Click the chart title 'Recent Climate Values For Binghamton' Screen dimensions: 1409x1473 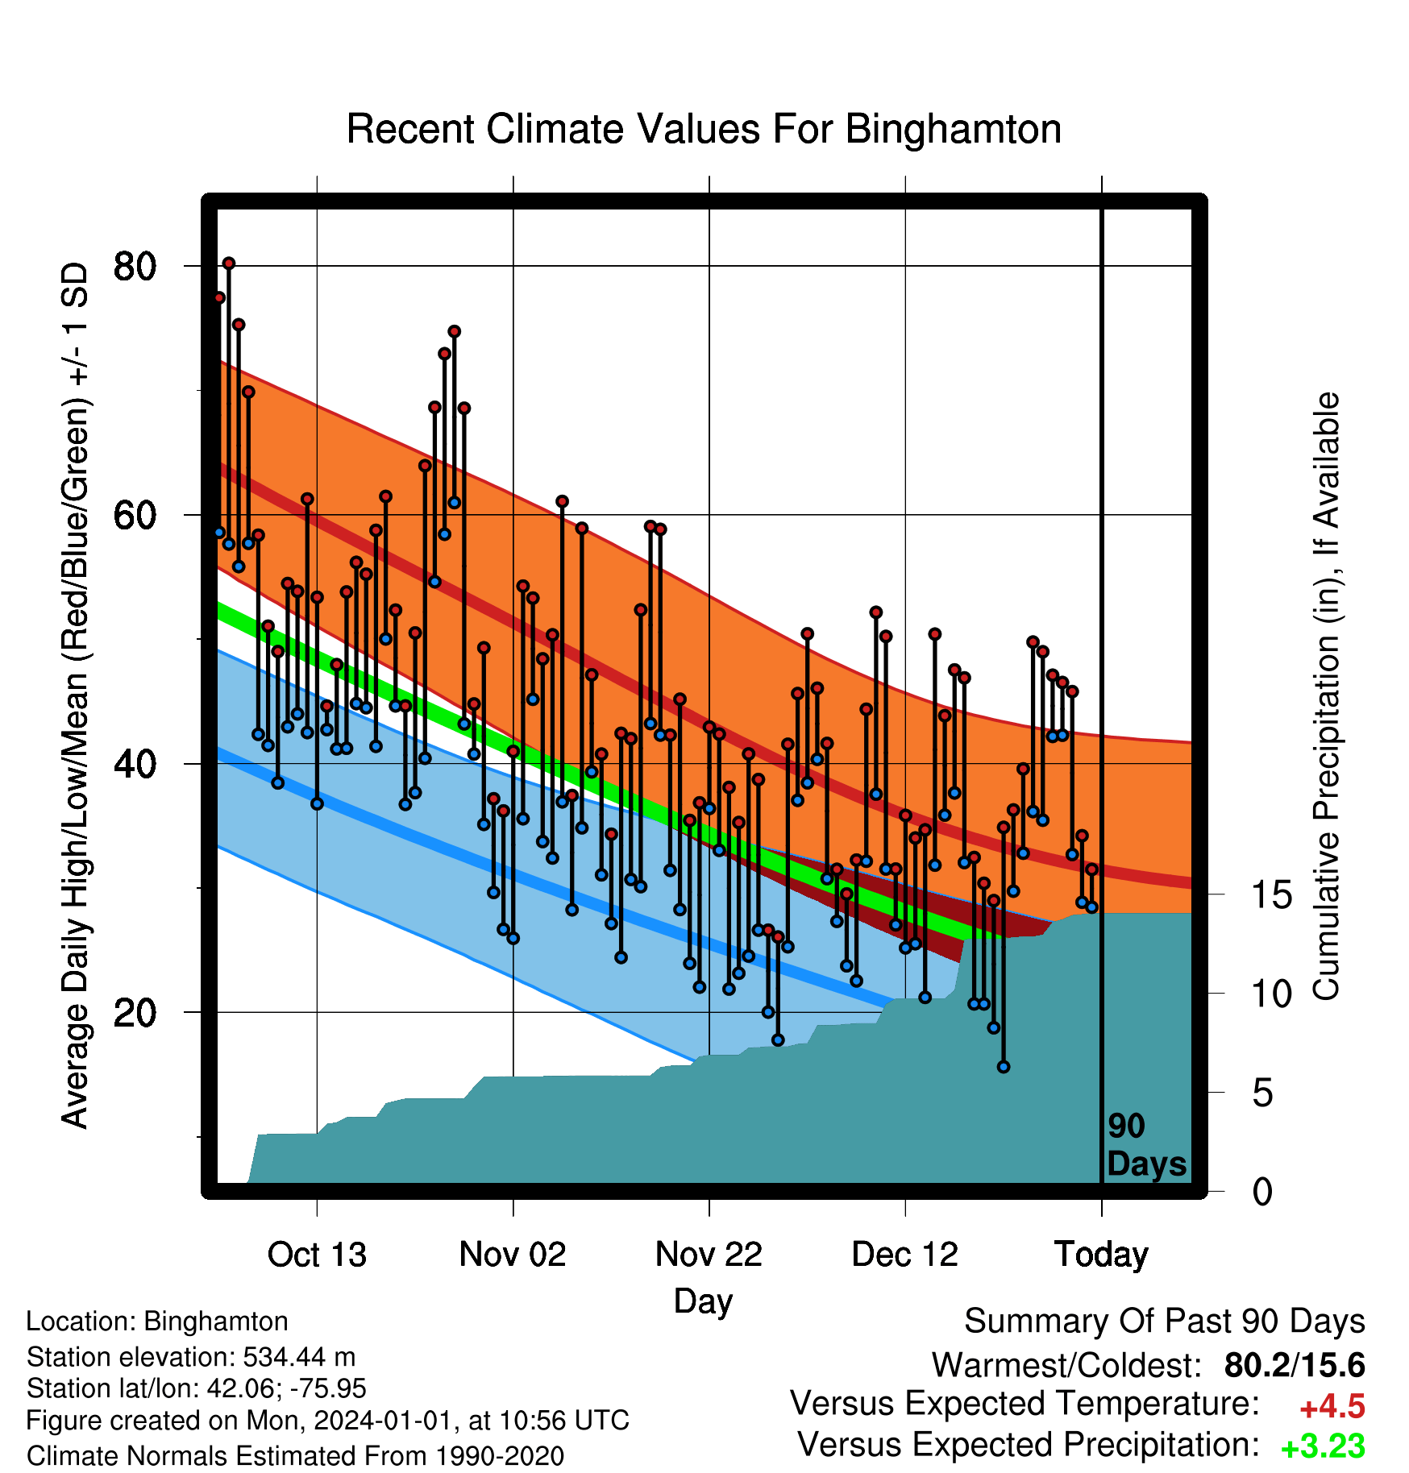point(704,129)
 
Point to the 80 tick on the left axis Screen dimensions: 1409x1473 point(135,265)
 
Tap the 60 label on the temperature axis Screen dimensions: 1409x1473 point(135,514)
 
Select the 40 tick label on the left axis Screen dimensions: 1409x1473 point(135,763)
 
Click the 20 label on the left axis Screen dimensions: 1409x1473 point(135,1012)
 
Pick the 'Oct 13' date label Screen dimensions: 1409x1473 point(317,1255)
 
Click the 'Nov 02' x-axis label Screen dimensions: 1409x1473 point(513,1255)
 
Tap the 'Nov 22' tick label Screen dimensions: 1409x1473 point(709,1255)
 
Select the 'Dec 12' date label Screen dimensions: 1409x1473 point(905,1255)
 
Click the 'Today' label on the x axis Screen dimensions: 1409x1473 point(1101,1255)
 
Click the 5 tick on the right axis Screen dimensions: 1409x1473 point(1263,1093)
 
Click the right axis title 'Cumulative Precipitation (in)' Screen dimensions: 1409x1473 point(1326,696)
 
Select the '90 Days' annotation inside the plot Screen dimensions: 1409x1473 point(1146,1146)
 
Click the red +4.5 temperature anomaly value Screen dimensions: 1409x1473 point(1332,1407)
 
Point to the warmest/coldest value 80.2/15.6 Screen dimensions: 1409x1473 point(1295,1365)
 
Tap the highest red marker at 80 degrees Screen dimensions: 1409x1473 point(229,263)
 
